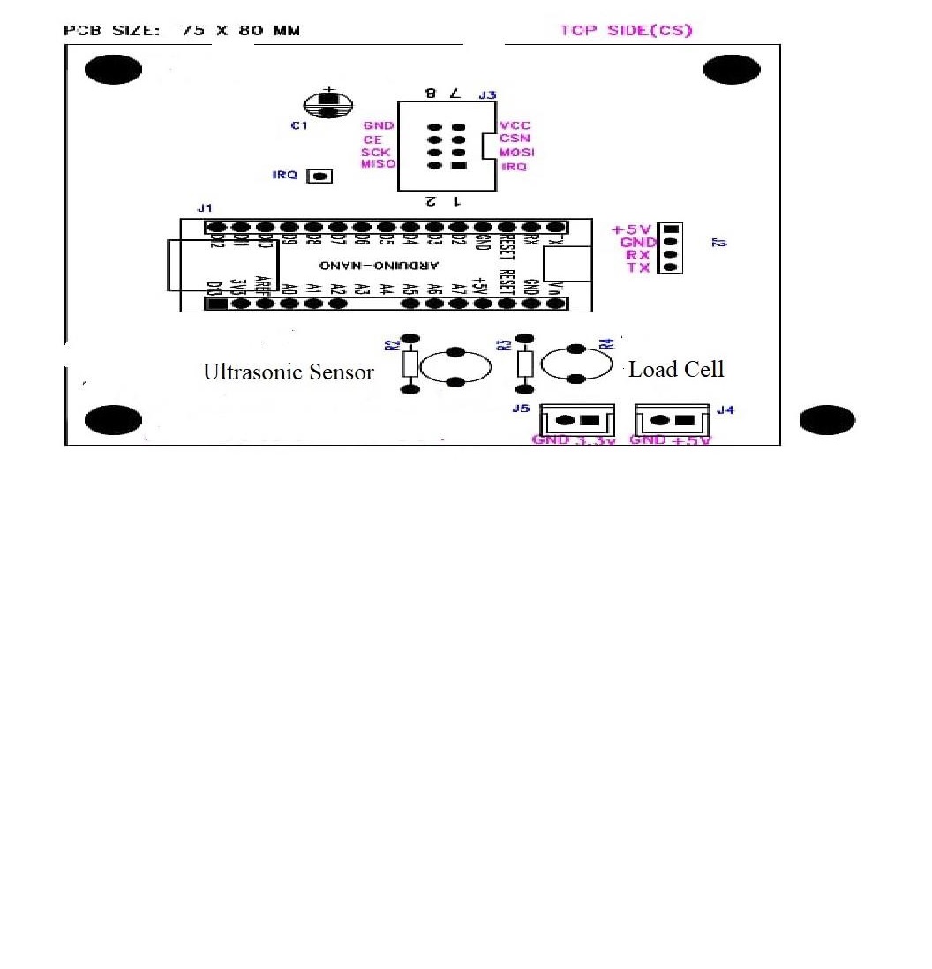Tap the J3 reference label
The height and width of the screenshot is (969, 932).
pyautogui.click(x=487, y=94)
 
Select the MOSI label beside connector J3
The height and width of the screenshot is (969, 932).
pyautogui.click(x=516, y=153)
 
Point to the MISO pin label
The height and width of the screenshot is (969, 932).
pyautogui.click(x=378, y=164)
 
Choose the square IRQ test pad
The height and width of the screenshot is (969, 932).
pyautogui.click(x=319, y=177)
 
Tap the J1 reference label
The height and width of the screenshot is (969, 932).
pyautogui.click(x=205, y=208)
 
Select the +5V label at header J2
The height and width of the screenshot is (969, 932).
pyautogui.click(x=630, y=229)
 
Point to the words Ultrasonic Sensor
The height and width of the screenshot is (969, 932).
pyautogui.click(x=289, y=372)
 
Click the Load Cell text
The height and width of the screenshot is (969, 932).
pyautogui.click(x=676, y=370)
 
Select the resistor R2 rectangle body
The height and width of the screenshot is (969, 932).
pyautogui.click(x=410, y=363)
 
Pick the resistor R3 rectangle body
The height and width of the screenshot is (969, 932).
pyautogui.click(x=525, y=363)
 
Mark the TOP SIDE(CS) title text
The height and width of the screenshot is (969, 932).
pyautogui.click(x=626, y=30)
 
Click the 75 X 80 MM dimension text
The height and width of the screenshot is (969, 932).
pyautogui.click(x=240, y=31)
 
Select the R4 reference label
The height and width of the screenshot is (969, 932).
pyautogui.click(x=605, y=344)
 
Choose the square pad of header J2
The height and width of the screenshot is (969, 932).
pyautogui.click(x=670, y=229)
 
